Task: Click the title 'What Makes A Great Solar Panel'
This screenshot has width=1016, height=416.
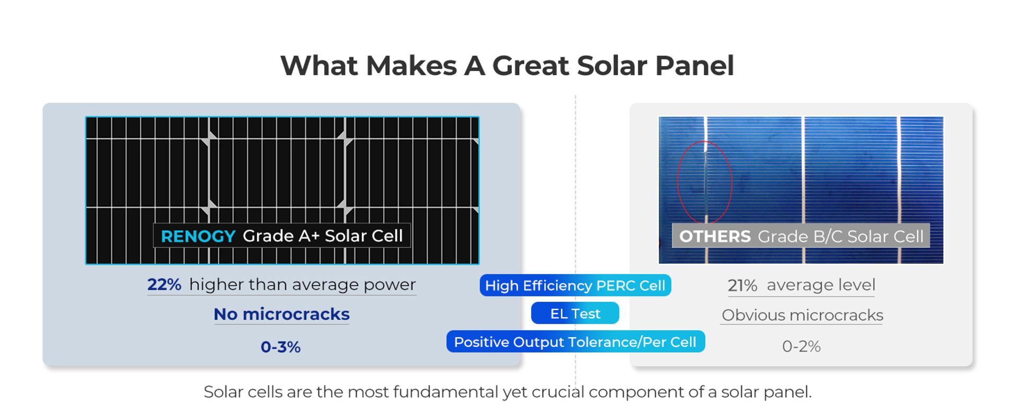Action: click(507, 66)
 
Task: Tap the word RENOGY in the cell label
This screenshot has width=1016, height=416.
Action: click(198, 236)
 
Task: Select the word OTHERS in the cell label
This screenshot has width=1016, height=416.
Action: click(715, 236)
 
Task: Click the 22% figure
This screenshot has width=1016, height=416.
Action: click(164, 284)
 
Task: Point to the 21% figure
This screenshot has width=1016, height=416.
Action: click(742, 285)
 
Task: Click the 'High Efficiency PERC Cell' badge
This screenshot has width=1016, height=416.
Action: click(575, 285)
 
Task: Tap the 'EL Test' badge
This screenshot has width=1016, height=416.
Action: click(575, 313)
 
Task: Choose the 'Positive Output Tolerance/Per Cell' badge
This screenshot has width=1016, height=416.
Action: click(575, 342)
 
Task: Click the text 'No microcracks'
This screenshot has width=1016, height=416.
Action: click(282, 314)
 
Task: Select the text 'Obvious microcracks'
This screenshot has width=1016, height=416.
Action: click(802, 315)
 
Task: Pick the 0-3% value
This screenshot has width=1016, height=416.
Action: click(280, 347)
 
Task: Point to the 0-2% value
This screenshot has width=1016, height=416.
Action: click(801, 346)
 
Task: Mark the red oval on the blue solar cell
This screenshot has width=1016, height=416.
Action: click(678, 182)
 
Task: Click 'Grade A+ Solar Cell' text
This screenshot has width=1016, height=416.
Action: click(323, 236)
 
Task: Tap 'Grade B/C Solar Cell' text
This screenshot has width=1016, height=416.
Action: click(840, 236)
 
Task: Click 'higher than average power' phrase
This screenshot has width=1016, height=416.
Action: click(302, 284)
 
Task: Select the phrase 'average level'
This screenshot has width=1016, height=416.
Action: click(821, 285)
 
